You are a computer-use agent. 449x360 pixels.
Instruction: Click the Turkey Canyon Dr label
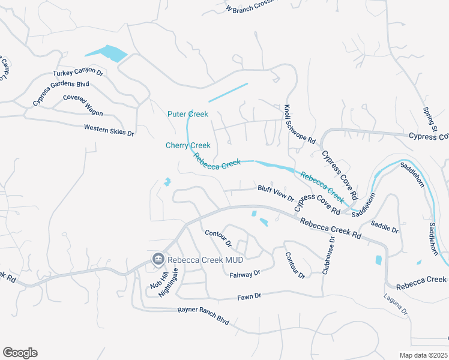[78, 73]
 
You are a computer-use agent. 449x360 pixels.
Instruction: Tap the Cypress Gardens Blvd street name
[61, 93]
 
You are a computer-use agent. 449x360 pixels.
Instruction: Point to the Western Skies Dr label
[109, 129]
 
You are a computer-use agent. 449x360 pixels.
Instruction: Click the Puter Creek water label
[188, 114]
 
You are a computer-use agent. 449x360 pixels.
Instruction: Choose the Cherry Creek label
[188, 145]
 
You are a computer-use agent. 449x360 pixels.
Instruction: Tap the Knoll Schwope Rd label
[299, 124]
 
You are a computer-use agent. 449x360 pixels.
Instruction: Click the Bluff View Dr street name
[276, 193]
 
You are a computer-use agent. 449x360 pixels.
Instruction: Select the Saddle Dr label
[384, 226]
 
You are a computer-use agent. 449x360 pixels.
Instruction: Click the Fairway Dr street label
[245, 274]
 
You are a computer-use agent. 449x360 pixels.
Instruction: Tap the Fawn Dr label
[249, 296]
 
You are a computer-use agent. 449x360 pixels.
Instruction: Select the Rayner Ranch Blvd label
[203, 316]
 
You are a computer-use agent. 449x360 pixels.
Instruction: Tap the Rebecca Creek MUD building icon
[158, 259]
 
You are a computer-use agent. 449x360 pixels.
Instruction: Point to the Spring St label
[429, 120]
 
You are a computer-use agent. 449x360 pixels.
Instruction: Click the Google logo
[20, 353]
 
